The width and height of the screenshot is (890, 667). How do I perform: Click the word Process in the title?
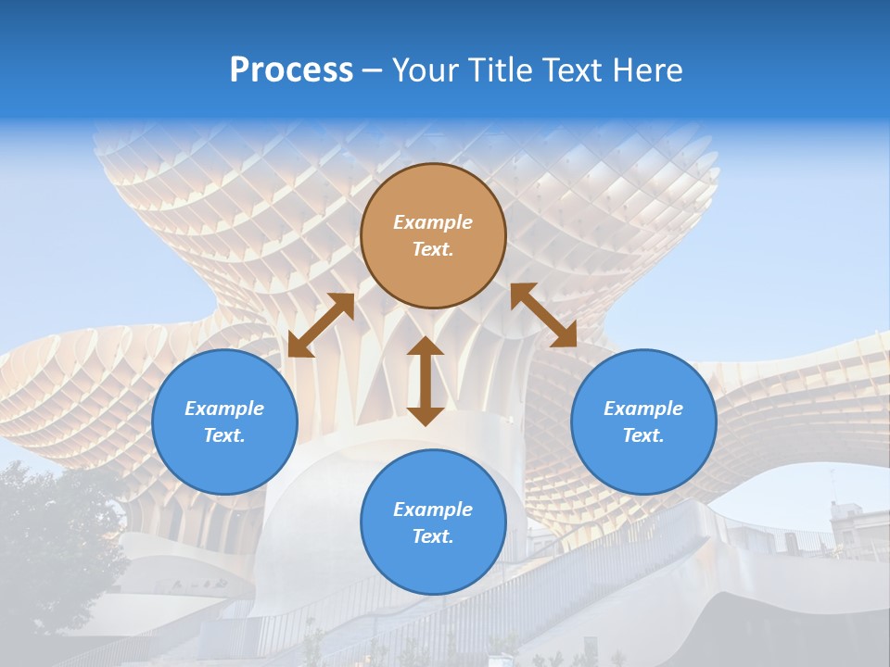click(291, 70)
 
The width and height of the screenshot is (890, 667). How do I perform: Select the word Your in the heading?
click(423, 70)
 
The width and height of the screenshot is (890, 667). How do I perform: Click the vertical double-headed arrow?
click(426, 381)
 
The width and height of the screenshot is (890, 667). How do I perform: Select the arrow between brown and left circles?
click(321, 325)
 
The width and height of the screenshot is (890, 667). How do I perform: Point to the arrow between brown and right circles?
click(543, 315)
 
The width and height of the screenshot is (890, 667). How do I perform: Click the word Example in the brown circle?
click(433, 222)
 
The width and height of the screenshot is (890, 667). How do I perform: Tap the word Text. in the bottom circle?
click(433, 536)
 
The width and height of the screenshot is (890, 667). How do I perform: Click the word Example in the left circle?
click(224, 409)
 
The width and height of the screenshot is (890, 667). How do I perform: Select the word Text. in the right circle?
click(643, 435)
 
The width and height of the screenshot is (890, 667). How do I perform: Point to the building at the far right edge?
click(853, 528)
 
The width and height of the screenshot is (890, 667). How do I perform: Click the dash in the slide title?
click(373, 71)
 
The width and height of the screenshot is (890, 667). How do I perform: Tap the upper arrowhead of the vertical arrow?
click(426, 346)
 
